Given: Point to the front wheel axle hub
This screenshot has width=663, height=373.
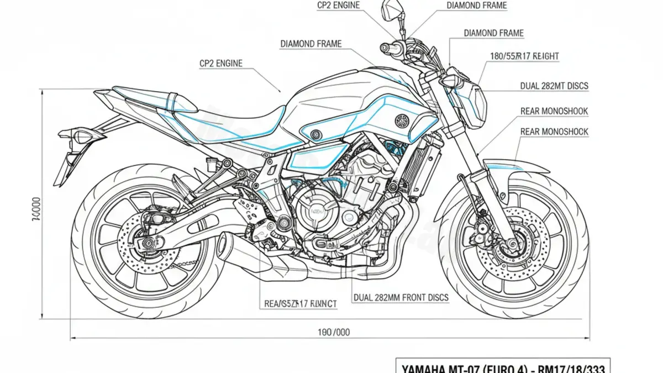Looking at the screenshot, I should pyautogui.click(x=512, y=242).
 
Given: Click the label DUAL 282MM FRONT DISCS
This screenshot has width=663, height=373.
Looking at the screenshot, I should pyautogui.click(x=401, y=298).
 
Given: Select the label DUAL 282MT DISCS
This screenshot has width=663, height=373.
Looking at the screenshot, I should pyautogui.click(x=554, y=86).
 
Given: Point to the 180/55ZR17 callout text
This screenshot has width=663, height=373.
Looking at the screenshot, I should pyautogui.click(x=524, y=56).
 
